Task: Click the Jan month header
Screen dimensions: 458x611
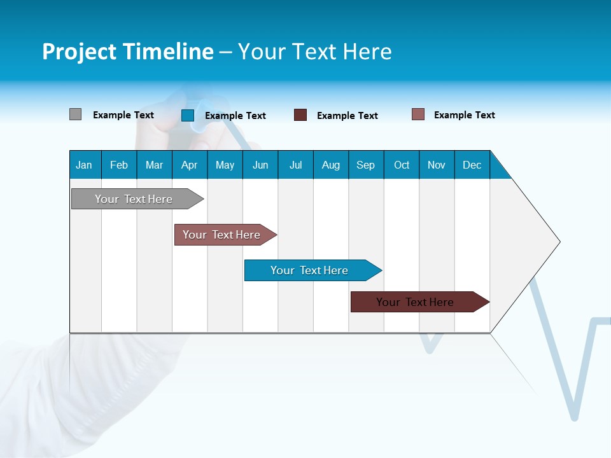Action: pos(84,165)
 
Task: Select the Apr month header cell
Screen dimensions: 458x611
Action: pos(189,165)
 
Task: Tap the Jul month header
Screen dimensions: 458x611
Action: pos(295,165)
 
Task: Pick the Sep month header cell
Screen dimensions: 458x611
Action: pos(365,165)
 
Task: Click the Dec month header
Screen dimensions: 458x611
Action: pos(472,165)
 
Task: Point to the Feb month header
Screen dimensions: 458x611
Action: pos(119,165)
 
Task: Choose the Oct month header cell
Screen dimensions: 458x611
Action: pos(402,165)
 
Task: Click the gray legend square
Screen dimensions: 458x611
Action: pos(75,114)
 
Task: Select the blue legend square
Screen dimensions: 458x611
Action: pos(188,115)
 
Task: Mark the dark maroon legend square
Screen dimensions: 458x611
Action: pos(300,115)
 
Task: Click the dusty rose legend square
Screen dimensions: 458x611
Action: pos(418,114)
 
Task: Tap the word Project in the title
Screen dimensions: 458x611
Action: pos(80,52)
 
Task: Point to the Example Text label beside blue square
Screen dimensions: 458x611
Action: pos(235,116)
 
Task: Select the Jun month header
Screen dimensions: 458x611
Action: pos(260,165)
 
